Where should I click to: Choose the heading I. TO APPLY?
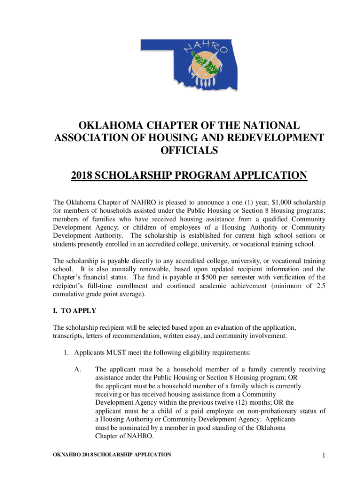coord(78,310)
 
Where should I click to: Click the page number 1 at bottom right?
coord(323,456)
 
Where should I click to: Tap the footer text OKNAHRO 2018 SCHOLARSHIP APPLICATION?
coord(112,455)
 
